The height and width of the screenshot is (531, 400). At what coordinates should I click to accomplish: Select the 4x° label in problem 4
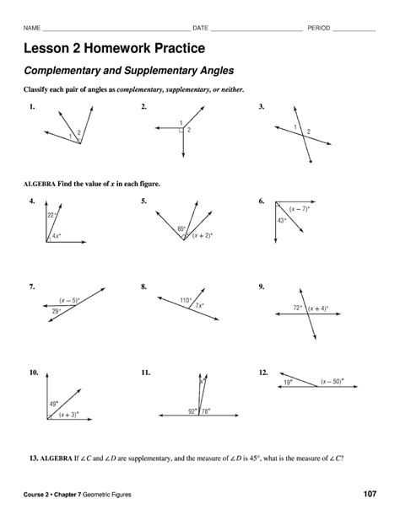pyautogui.click(x=56, y=236)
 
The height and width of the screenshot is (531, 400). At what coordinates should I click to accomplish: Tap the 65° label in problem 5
pyautogui.click(x=181, y=228)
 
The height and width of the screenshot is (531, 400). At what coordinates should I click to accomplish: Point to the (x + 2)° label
pyautogui.click(x=201, y=237)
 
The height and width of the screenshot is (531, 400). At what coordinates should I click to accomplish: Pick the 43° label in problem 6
pyautogui.click(x=283, y=220)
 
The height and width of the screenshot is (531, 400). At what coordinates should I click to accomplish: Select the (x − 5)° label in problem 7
pyautogui.click(x=69, y=299)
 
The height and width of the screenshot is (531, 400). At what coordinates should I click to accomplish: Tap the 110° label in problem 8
pyautogui.click(x=186, y=299)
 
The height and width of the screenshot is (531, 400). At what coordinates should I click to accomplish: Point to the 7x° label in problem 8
pyautogui.click(x=199, y=306)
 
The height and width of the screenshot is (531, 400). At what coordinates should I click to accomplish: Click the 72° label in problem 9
pyautogui.click(x=298, y=308)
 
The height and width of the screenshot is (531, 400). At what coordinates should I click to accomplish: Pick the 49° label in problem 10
pyautogui.click(x=53, y=404)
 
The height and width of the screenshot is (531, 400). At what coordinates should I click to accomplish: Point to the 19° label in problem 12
pyautogui.click(x=289, y=382)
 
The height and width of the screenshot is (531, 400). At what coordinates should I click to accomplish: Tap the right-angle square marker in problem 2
pyautogui.click(x=181, y=130)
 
